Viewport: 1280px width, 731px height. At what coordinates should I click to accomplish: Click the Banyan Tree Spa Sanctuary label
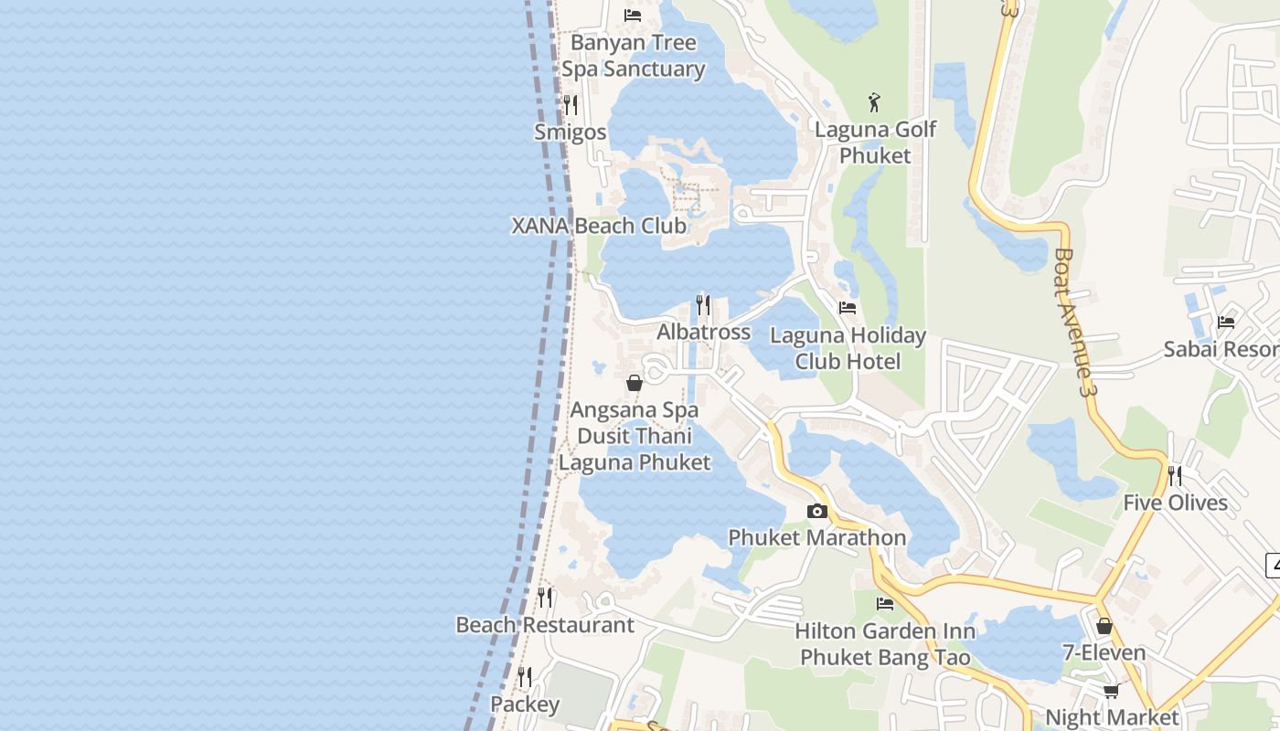point(633,56)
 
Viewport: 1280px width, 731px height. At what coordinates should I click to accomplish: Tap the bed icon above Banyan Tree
point(633,16)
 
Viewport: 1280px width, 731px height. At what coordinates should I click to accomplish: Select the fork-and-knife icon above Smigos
point(571,105)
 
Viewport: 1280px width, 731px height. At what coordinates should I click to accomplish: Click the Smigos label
point(571,132)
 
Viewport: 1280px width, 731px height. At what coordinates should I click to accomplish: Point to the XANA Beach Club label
point(599,226)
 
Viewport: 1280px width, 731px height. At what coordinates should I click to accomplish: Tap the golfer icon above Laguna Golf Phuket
point(875,102)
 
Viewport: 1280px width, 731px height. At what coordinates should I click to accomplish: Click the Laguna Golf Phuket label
point(875,143)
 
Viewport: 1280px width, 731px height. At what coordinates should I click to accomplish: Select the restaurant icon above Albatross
point(703,304)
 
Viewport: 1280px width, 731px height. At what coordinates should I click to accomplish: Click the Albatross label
point(703,332)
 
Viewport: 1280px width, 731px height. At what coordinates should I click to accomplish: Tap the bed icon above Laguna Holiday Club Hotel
point(848,308)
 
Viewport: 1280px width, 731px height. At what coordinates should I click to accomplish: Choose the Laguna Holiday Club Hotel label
point(848,348)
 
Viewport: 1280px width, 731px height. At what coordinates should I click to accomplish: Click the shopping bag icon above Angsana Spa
point(634,383)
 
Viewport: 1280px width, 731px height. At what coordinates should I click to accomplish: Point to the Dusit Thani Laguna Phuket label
point(635,450)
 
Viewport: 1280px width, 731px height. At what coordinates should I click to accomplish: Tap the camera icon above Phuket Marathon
point(816,512)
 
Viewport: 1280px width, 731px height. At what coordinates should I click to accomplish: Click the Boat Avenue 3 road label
point(1075,322)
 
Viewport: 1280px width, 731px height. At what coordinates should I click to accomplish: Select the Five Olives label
point(1175,503)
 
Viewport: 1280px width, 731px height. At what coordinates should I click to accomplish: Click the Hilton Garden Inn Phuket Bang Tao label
point(885,644)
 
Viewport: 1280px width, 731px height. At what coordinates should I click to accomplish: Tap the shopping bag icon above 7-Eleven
point(1104,626)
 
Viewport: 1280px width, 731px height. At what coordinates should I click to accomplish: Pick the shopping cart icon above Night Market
point(1111,691)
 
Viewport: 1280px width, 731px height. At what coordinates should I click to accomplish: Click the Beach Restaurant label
point(545,625)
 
